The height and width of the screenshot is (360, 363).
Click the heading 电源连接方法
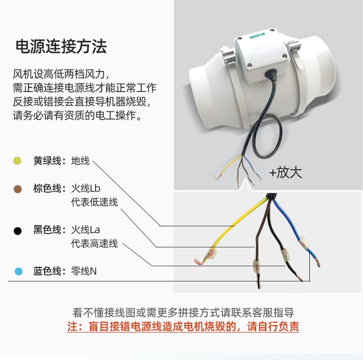click(x=61, y=47)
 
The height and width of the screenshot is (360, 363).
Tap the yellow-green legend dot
click(x=17, y=161)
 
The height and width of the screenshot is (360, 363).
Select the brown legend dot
click(x=17, y=189)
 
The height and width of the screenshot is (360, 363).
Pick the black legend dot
click(x=17, y=231)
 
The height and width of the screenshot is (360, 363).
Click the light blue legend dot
click(x=18, y=271)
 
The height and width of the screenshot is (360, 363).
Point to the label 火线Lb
click(x=85, y=188)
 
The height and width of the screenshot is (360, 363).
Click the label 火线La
click(x=85, y=230)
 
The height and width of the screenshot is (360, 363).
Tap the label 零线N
click(x=84, y=271)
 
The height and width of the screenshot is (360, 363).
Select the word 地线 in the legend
click(x=80, y=161)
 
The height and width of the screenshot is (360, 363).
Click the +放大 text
click(x=286, y=172)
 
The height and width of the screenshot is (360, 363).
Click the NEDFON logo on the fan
click(x=257, y=36)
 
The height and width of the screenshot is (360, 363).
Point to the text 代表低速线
click(x=94, y=202)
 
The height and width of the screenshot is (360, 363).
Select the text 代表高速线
click(x=94, y=243)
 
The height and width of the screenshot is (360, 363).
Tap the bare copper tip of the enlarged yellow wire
click(x=199, y=261)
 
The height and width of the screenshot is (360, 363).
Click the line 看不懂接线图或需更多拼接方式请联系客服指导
click(x=183, y=313)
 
